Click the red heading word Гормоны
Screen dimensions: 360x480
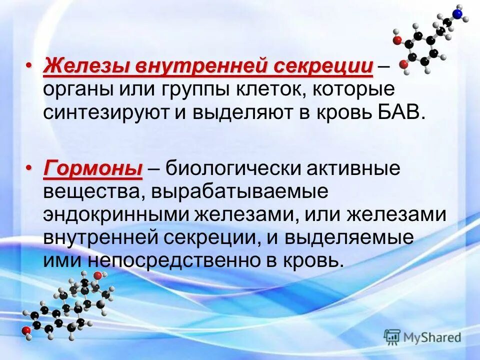point(93,169)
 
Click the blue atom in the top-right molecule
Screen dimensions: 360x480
point(457,13)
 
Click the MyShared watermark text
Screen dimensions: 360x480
point(432,337)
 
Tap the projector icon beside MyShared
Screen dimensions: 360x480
point(392,337)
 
